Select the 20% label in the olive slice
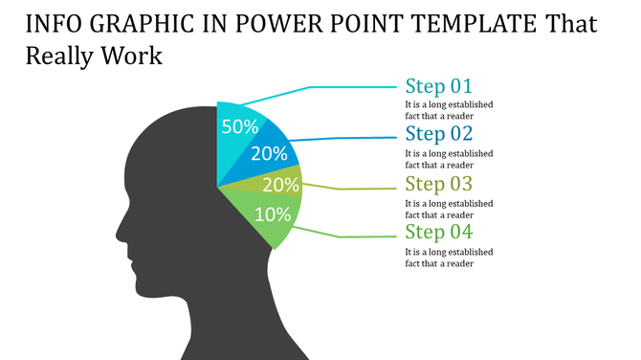[x=279, y=185]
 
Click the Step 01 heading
[x=438, y=85]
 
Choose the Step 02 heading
[x=438, y=133]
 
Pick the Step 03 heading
[x=438, y=183]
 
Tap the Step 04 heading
[x=438, y=232]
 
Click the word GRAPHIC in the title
[x=137, y=24]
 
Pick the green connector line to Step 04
[x=354, y=236]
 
